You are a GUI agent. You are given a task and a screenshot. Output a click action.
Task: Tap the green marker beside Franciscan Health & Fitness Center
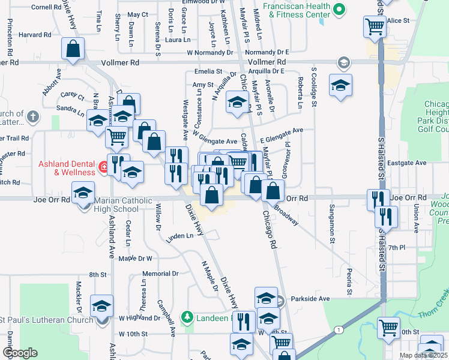[339, 9]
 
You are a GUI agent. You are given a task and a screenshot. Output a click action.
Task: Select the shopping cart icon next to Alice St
[375, 26]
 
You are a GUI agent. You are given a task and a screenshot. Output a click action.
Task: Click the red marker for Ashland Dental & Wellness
[104, 166]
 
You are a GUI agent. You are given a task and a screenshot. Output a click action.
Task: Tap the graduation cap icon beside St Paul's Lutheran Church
[102, 305]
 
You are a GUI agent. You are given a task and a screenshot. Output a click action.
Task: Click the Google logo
[20, 353]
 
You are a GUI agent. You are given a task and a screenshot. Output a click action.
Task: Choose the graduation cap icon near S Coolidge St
[340, 86]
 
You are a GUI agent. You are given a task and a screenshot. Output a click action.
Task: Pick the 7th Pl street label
[397, 247]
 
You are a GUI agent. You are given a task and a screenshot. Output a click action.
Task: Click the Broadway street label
[287, 217]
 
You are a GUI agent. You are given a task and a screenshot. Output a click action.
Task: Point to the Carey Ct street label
[71, 96]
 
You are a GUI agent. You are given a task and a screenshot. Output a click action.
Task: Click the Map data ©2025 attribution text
[424, 355]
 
